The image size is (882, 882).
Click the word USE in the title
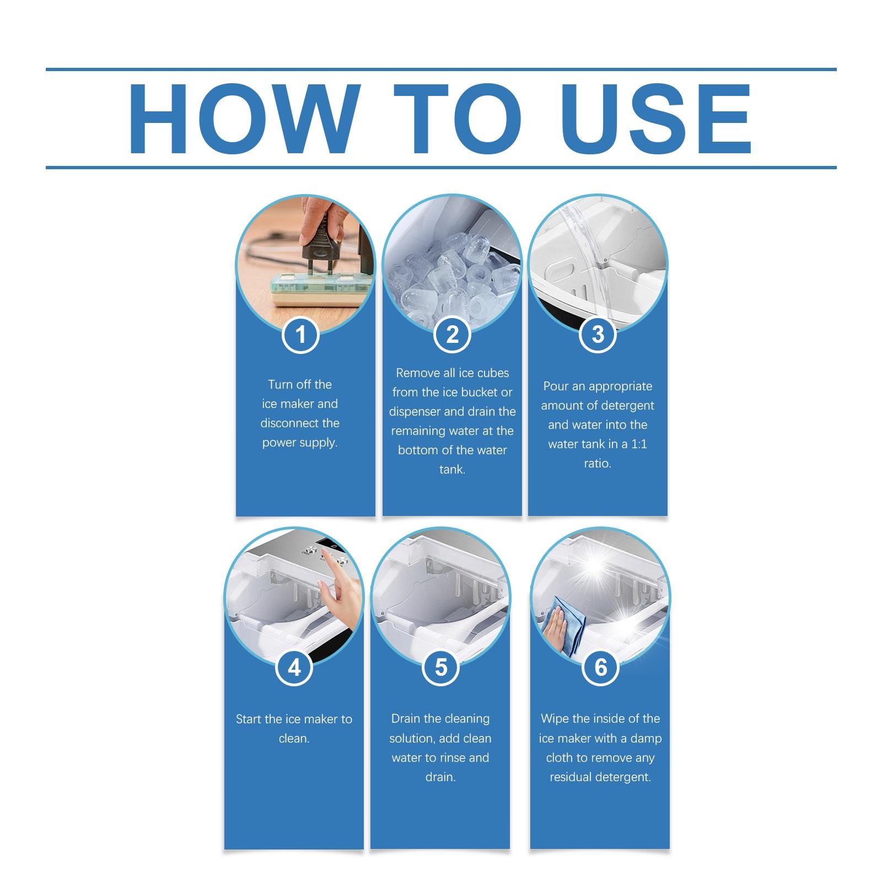click(x=656, y=119)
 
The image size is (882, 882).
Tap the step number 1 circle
click(x=300, y=335)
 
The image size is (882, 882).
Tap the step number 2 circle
click(x=452, y=335)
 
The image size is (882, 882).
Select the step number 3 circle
click(x=598, y=335)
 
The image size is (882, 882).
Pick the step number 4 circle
click(x=294, y=668)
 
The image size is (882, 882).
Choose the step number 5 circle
click(x=440, y=668)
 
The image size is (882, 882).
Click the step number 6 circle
click(x=600, y=668)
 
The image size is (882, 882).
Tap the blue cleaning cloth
click(x=565, y=626)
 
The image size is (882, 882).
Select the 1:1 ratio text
click(x=639, y=444)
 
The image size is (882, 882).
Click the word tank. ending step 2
click(x=452, y=470)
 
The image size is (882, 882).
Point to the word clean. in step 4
click(x=294, y=739)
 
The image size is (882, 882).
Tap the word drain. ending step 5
click(x=440, y=777)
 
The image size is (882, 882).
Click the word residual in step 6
click(x=572, y=777)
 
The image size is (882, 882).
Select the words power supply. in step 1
click(x=300, y=443)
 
